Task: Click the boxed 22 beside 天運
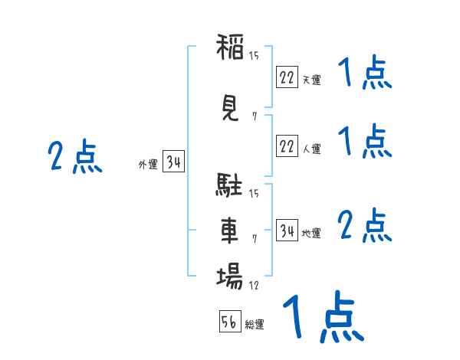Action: (x=287, y=77)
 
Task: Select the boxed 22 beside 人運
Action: (x=287, y=146)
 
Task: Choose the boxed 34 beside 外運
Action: (x=174, y=162)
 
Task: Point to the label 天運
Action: (x=311, y=80)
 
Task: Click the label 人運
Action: (x=311, y=149)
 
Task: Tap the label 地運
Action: (x=311, y=234)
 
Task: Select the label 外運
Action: (x=148, y=165)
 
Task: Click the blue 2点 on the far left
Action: (x=74, y=157)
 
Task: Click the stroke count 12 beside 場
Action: (x=254, y=286)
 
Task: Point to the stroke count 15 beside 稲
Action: (x=254, y=54)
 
